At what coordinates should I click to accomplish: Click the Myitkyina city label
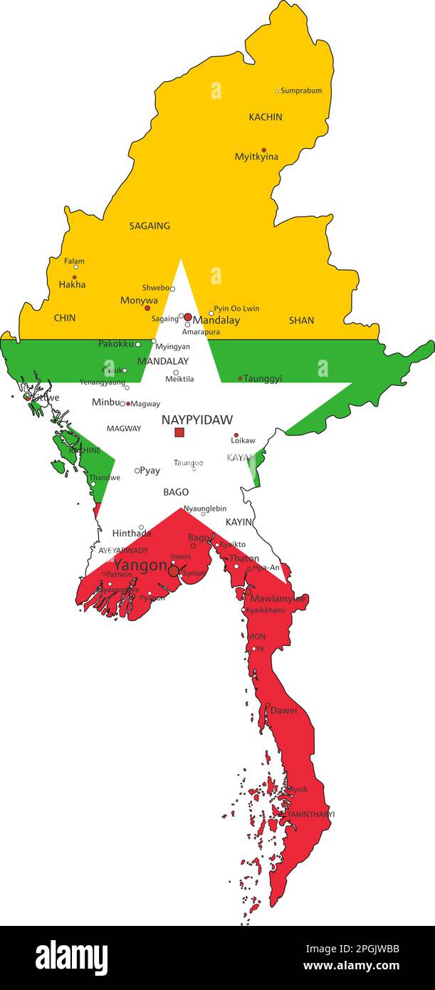pos(256,157)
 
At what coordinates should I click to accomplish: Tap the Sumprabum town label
pos(301,91)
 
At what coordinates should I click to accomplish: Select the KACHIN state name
pos(265,117)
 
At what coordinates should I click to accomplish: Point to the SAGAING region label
pos(150,226)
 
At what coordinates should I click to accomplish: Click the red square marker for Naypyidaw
pos(179,432)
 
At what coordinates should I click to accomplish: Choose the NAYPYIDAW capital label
pos(196,420)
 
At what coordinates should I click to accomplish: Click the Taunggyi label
pos(263,379)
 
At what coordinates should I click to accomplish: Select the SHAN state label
pos(301,321)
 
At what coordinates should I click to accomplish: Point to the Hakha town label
pos(72,284)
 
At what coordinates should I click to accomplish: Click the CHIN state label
pos(65,318)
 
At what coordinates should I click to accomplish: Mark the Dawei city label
pos(283,710)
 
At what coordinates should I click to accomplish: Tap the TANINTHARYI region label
pos(310,814)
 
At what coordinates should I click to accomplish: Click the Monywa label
pos(139,301)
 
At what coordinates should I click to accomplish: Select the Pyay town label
pos(150,471)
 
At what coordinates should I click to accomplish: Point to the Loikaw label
pos(243,440)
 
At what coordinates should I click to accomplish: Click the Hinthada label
pos(132,533)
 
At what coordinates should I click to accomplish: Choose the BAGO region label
pos(176,492)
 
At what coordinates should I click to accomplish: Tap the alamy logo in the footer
pos(71,957)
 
